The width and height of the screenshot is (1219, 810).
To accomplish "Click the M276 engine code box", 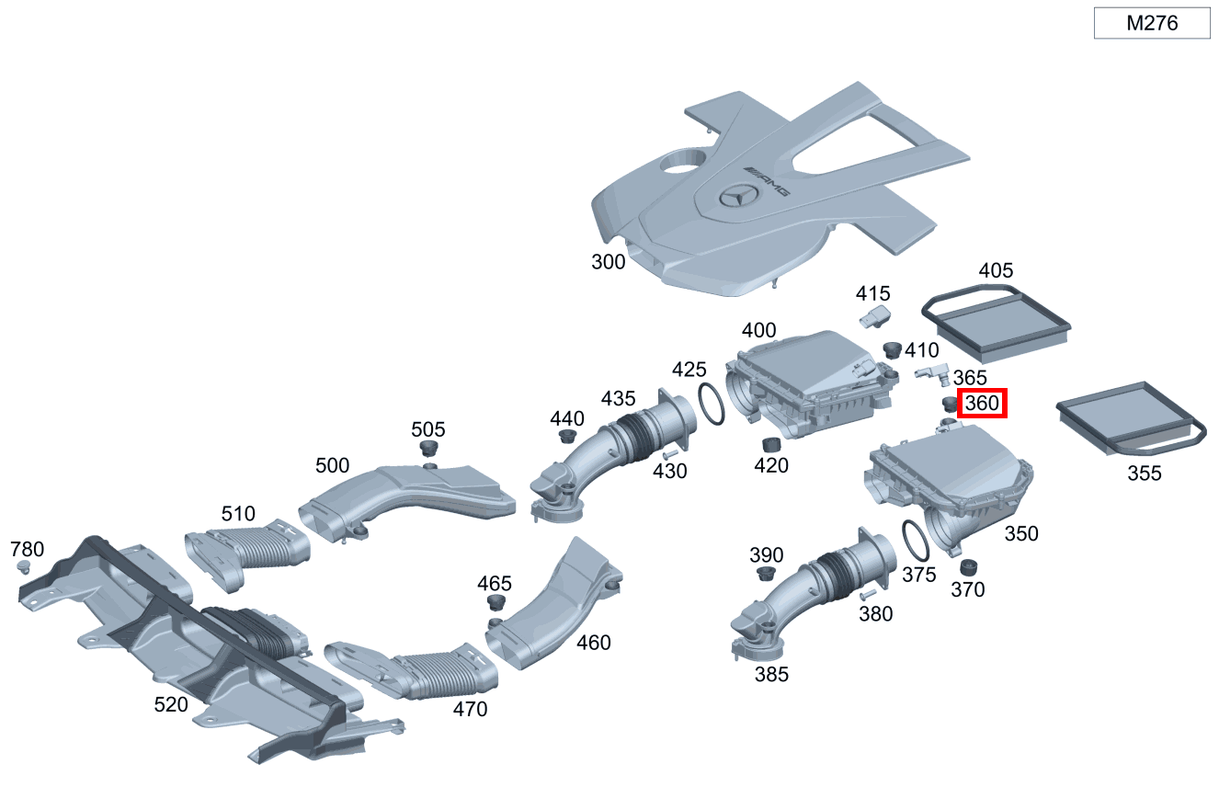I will click(x=1151, y=24).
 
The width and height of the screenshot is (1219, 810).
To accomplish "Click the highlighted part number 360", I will click(x=982, y=403).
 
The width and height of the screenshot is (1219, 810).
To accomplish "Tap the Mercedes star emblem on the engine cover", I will click(x=739, y=196).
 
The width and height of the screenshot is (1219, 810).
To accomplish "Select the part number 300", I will click(x=608, y=262).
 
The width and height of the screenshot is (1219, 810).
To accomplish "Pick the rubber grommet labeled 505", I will click(x=428, y=449).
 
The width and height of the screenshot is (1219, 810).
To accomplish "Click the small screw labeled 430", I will click(x=668, y=454).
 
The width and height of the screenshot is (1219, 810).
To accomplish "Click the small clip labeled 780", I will click(x=25, y=568).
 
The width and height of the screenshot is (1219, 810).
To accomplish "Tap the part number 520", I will click(x=171, y=704).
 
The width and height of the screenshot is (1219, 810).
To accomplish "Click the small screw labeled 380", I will click(x=866, y=595).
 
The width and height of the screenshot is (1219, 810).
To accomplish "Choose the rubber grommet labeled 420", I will click(x=771, y=445).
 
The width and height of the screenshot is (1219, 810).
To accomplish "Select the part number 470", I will click(x=470, y=709).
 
